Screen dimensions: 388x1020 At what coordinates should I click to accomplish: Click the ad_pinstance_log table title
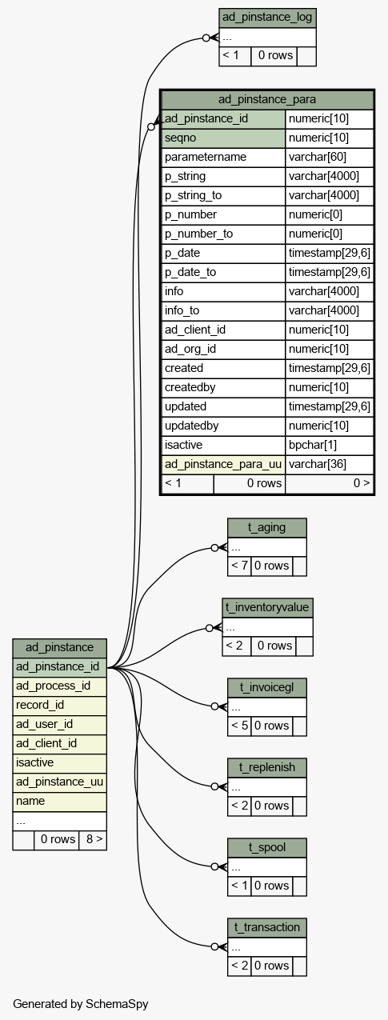point(267,18)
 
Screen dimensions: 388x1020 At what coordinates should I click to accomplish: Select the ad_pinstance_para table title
point(267,100)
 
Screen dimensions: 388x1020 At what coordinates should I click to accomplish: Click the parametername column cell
point(223,157)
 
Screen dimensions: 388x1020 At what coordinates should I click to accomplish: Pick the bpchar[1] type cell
point(330,445)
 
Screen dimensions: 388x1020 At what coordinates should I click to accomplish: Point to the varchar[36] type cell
point(330,464)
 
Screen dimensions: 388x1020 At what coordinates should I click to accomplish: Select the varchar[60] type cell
point(330,157)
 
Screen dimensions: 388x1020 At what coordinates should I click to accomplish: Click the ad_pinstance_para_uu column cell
point(223,464)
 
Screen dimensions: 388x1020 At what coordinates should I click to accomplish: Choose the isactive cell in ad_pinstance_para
point(223,445)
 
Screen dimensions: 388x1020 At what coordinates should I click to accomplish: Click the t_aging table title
point(267,528)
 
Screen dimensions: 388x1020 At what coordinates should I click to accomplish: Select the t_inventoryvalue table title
point(267,607)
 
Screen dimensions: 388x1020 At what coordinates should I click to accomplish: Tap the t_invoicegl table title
point(267,687)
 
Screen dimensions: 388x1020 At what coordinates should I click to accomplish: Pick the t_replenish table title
point(267,768)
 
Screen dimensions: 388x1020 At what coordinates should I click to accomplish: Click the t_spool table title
point(267,847)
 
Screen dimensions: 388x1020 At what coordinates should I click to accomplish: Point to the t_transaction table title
point(267,927)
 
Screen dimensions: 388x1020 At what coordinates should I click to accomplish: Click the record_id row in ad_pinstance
point(60,705)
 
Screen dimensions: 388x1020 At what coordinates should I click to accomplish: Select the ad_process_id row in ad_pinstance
point(60,686)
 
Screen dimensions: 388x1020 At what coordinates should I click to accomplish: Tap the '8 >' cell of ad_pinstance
point(93,839)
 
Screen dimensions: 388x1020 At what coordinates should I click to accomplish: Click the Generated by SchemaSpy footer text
point(81,1004)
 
